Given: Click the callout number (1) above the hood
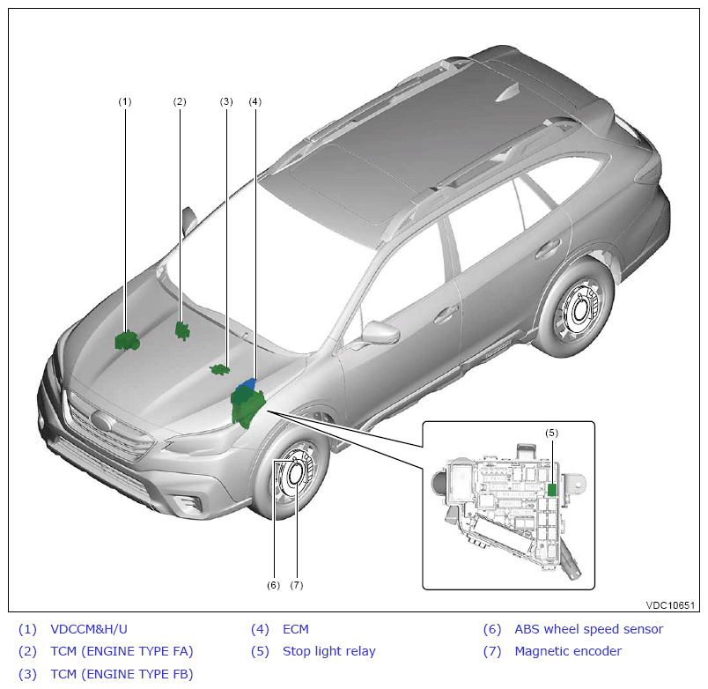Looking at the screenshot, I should pos(125,101).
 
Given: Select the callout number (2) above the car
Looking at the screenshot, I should pos(180,101).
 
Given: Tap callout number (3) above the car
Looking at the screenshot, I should pos(226,101).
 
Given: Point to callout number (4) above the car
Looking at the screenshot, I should pos(254,101).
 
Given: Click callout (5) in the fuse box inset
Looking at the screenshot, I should pos(551,433).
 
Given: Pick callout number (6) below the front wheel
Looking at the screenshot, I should pos(273,584).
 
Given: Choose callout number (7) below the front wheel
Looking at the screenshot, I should pos(297,584).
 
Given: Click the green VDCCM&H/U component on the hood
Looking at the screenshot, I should pos(127,339).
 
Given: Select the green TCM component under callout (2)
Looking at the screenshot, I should pos(182,330).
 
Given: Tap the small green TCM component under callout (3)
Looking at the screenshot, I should pos(220,369).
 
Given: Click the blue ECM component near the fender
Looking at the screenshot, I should pos(250,384).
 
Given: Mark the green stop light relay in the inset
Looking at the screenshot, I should pos(552,489).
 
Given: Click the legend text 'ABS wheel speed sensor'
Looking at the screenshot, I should pos(588,629).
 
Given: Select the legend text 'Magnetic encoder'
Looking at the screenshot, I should pos(568,651).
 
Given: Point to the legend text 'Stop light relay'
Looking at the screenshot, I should pos(328,651).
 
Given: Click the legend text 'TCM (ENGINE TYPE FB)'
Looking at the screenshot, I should pos(122,674).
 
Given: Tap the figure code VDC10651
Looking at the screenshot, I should pos(670,605).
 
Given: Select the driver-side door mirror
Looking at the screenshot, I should pos(380,333).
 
